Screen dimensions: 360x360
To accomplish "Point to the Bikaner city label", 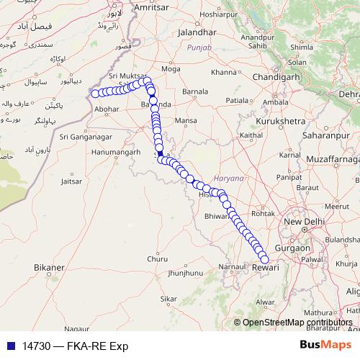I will [x=49, y=267].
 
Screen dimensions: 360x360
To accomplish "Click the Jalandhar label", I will [x=189, y=33].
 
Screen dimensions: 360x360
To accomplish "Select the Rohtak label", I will [x=264, y=212].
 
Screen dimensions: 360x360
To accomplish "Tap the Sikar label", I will [x=168, y=297].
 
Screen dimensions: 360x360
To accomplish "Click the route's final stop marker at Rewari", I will [x=264, y=259].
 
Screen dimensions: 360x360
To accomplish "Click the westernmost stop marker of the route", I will [x=94, y=93].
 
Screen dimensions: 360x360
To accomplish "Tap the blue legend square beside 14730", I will [x=10, y=346].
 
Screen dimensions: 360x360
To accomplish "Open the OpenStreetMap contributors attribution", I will [x=295, y=323].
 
